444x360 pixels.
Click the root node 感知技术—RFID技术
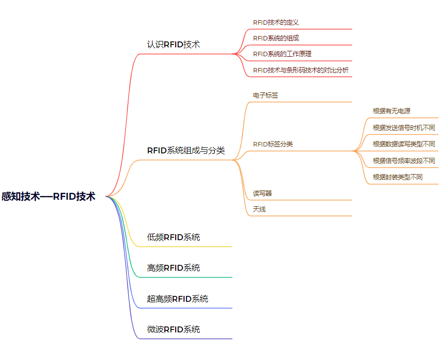click(x=48, y=196)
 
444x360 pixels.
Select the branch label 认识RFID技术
click(x=173, y=44)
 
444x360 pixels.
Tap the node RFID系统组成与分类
click(x=185, y=150)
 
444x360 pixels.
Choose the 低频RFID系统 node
click(x=173, y=237)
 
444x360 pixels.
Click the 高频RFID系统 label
click(x=173, y=268)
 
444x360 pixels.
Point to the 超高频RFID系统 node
click(x=178, y=299)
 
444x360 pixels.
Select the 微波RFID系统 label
click(x=173, y=329)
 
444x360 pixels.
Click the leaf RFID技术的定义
click(x=276, y=22)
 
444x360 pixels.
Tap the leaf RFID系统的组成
click(x=276, y=38)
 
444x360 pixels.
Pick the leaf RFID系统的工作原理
click(x=282, y=54)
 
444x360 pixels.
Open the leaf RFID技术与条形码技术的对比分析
click(x=300, y=70)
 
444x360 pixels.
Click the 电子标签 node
click(x=265, y=95)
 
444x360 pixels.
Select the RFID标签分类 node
click(x=273, y=144)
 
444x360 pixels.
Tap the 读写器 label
click(x=262, y=193)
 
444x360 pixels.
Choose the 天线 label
click(x=259, y=209)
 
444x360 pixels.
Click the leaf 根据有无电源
click(x=391, y=111)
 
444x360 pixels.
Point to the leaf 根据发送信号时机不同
click(x=404, y=128)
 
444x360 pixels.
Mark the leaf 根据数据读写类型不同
click(x=404, y=144)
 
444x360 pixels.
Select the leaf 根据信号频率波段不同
click(x=404, y=161)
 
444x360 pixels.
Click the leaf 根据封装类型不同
click(x=398, y=177)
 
